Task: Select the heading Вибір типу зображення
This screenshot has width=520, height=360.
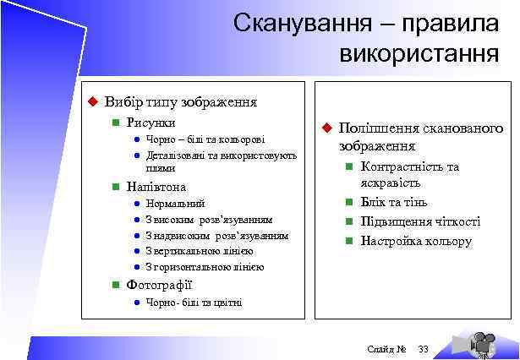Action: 180,101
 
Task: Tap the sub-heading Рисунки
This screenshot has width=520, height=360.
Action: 151,123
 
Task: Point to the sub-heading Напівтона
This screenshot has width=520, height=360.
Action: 156,186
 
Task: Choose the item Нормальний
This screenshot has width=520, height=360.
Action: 175,204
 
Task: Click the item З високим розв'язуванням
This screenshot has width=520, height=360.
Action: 209,219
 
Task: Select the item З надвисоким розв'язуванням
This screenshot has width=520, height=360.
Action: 216,235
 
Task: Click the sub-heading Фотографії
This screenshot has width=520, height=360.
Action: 159,285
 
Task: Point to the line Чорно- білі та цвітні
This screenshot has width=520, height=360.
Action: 194,303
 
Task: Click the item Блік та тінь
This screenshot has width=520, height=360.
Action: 394,202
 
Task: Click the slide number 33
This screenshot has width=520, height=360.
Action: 424,349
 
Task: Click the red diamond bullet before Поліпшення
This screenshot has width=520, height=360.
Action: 324,128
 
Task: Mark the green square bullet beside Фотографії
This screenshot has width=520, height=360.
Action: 115,286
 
